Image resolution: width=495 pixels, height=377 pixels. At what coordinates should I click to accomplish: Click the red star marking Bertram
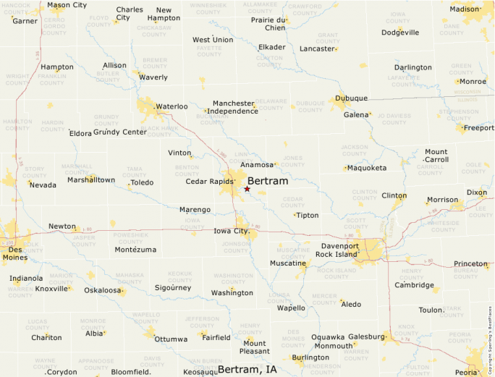pyautogui.click(x=247, y=189)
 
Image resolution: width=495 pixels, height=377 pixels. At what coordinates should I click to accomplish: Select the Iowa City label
pyautogui.click(x=231, y=231)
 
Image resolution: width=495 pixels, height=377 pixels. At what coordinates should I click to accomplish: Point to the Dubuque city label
pyautogui.click(x=352, y=98)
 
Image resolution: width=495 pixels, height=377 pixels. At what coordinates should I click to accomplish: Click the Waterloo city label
pyautogui.click(x=172, y=106)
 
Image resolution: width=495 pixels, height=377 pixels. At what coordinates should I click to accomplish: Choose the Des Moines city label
pyautogui.click(x=14, y=253)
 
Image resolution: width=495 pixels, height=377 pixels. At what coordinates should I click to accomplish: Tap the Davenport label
pyautogui.click(x=340, y=246)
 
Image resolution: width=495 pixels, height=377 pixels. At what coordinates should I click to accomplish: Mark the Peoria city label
pyautogui.click(x=466, y=372)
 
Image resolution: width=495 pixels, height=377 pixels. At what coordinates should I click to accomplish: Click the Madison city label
pyautogui.click(x=465, y=9)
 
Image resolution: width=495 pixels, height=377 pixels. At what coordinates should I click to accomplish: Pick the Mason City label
pyautogui.click(x=67, y=5)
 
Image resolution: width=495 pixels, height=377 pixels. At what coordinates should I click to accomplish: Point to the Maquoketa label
pyautogui.click(x=367, y=168)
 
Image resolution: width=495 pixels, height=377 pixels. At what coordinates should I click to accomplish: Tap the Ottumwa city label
pyautogui.click(x=171, y=339)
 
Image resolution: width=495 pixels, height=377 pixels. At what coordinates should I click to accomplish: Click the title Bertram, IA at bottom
pyautogui.click(x=247, y=369)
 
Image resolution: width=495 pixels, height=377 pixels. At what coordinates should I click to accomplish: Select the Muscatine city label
pyautogui.click(x=289, y=263)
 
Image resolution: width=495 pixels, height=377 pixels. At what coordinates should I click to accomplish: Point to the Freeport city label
pyautogui.click(x=478, y=128)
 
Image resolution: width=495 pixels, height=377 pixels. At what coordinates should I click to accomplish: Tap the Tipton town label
pyautogui.click(x=308, y=216)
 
